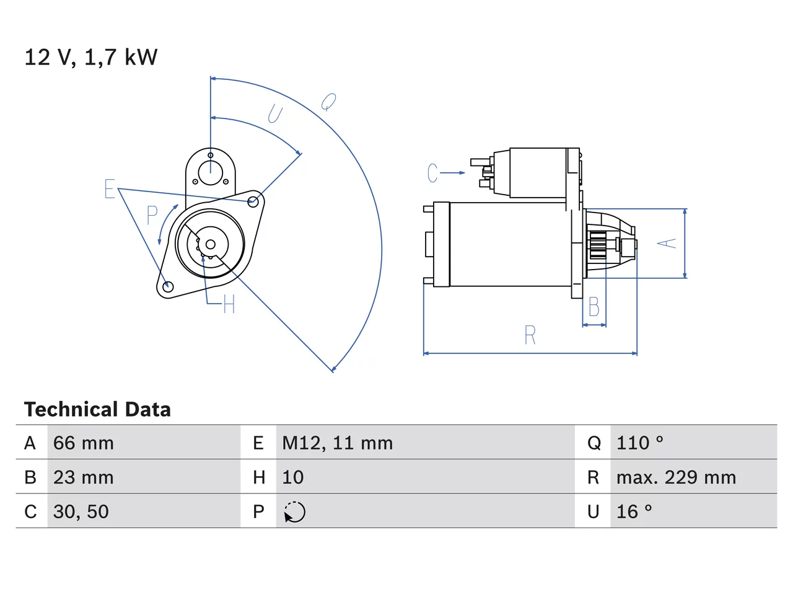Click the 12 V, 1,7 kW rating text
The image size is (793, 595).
click(90, 58)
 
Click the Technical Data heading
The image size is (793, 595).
click(97, 409)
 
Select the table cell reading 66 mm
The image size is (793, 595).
click(84, 443)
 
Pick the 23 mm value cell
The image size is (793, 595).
click(84, 477)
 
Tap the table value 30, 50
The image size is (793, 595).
click(81, 511)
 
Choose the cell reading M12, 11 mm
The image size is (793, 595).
click(338, 443)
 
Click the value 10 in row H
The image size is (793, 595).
click(293, 477)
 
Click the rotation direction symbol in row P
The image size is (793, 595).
click(294, 512)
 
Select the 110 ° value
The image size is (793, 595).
click(640, 443)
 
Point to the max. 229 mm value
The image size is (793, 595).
click(676, 477)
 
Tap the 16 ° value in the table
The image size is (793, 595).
click(634, 511)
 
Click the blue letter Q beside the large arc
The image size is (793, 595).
click(329, 102)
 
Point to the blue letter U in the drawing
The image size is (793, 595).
click(275, 113)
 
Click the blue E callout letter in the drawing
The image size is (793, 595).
click(110, 188)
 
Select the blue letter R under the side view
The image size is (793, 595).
click(530, 335)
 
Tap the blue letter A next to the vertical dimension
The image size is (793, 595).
click(667, 243)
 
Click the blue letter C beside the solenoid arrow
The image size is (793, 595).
click(432, 173)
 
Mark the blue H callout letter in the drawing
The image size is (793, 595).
click(229, 304)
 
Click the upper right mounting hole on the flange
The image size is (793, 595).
click(253, 201)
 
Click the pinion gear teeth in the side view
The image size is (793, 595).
click(598, 245)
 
